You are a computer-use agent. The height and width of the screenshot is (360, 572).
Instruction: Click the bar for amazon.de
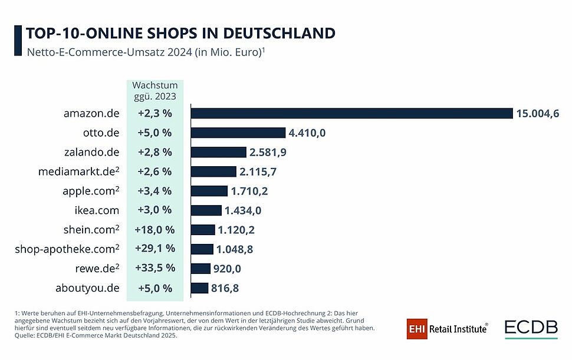pos(351,113)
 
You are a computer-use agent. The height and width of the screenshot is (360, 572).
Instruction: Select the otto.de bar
pos(238,133)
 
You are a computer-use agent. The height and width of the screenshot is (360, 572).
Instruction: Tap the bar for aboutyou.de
pos(199,288)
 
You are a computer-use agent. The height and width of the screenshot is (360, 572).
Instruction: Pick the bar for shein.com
pos(203,230)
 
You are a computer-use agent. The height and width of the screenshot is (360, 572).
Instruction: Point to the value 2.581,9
pos(268,152)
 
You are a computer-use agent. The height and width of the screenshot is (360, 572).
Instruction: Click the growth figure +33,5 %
pos(156,268)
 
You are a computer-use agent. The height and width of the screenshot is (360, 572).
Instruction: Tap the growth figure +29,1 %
pos(156,249)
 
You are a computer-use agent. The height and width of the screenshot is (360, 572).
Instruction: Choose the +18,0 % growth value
pos(156,229)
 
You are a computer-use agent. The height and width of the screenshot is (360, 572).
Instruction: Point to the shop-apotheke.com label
pos(67,249)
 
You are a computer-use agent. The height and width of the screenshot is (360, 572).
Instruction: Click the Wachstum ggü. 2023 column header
pos(155,90)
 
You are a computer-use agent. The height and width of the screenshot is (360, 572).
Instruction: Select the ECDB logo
pos(531,329)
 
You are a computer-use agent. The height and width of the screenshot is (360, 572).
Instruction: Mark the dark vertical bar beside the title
pos(17,40)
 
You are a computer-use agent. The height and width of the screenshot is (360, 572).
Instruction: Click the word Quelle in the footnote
pos(22,336)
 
